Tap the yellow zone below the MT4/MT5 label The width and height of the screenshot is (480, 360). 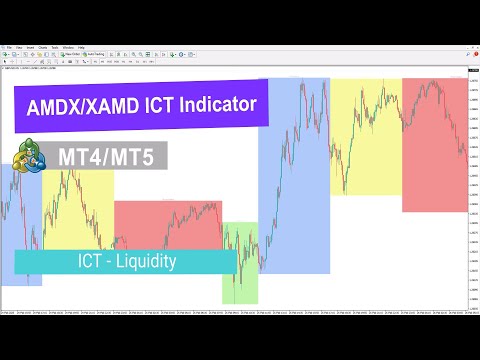coord(80,210)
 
